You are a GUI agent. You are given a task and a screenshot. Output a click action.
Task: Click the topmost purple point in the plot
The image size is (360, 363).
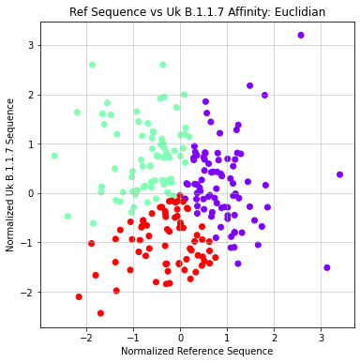point(301,35)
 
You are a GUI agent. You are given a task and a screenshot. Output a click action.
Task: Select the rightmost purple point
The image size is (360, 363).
point(339,174)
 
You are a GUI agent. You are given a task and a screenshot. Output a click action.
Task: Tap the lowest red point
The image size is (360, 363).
point(100,313)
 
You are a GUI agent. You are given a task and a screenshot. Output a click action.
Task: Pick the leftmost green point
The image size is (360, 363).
point(54,156)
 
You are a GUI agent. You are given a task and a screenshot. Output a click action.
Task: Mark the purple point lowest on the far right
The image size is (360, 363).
point(327,267)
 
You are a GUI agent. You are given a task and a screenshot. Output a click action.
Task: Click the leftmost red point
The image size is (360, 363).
point(79,296)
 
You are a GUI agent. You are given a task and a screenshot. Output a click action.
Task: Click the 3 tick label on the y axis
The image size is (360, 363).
point(30,45)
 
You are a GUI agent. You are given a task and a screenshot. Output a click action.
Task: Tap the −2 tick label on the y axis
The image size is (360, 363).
point(27,293)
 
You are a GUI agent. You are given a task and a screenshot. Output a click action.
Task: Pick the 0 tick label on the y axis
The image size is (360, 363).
point(30,193)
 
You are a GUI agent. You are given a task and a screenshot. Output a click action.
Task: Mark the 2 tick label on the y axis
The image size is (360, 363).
point(30,95)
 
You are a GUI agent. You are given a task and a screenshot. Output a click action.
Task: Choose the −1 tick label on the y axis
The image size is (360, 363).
point(27,243)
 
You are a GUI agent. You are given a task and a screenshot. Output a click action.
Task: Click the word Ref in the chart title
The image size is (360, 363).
point(82,12)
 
